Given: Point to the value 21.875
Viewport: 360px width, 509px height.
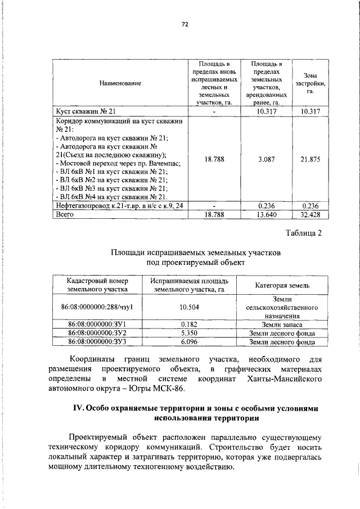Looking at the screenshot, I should point(310,159).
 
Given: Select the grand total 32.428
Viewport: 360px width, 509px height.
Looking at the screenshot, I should point(310,214).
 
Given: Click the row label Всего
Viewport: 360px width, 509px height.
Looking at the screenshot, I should point(66,214).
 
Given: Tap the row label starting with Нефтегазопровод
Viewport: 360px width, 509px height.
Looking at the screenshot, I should point(119,206).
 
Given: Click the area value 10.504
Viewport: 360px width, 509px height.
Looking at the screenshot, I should point(190,307).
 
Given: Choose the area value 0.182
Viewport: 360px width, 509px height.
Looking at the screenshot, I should point(190,325).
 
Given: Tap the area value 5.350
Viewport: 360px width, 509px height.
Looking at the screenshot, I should point(190,333).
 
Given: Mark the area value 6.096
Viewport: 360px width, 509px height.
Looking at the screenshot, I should point(190,341).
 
